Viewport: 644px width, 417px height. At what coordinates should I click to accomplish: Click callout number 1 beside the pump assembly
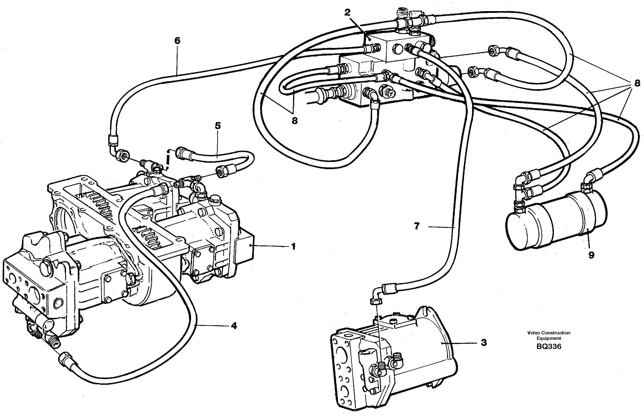point(293,247)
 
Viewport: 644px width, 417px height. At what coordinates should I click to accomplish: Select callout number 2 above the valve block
point(347,12)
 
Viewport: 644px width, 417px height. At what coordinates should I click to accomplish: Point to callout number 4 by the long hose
point(234,326)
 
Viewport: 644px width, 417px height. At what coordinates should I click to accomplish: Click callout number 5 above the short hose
point(218,126)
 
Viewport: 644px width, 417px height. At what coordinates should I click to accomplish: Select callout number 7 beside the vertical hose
point(417,226)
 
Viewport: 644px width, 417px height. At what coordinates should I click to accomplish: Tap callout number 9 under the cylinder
point(591,255)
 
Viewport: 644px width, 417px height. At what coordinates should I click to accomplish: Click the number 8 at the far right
point(637,83)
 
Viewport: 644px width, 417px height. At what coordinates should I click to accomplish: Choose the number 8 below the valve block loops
point(294,121)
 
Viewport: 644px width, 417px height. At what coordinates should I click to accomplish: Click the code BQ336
point(549,347)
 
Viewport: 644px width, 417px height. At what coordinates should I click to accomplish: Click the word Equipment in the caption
point(549,338)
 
